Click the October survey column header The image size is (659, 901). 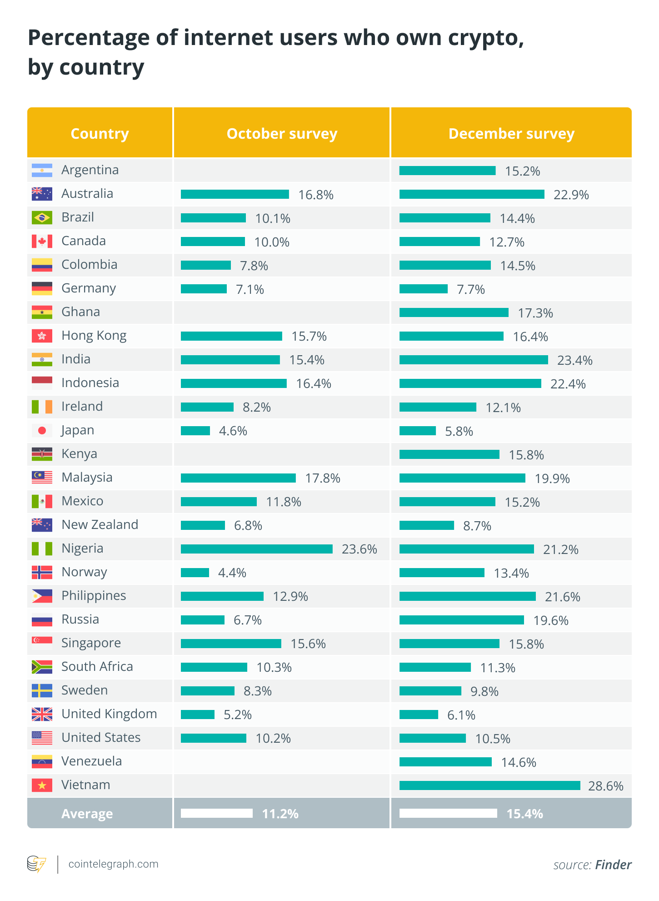coord(282,134)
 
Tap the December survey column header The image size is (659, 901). coord(511,134)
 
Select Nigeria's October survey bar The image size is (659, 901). coord(256,549)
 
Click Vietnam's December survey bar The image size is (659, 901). coord(489,785)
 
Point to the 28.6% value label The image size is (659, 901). coord(605,786)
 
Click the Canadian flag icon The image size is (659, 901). coord(42,241)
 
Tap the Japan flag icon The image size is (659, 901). coord(42,430)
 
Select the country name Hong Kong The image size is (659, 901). coord(94,336)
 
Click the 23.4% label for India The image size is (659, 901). coord(574,360)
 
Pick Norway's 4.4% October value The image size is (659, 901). coord(232,573)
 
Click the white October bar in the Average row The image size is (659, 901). coord(216,813)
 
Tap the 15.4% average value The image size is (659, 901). coord(524,814)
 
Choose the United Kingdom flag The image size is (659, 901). coord(42,714)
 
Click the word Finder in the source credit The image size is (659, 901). coord(613,865)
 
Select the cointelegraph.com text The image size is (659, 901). coord(113,864)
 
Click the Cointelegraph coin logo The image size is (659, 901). coord(36,864)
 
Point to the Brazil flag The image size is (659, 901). coord(42,217)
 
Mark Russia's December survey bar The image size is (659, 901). coord(461,620)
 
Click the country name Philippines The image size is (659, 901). coord(94,596)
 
